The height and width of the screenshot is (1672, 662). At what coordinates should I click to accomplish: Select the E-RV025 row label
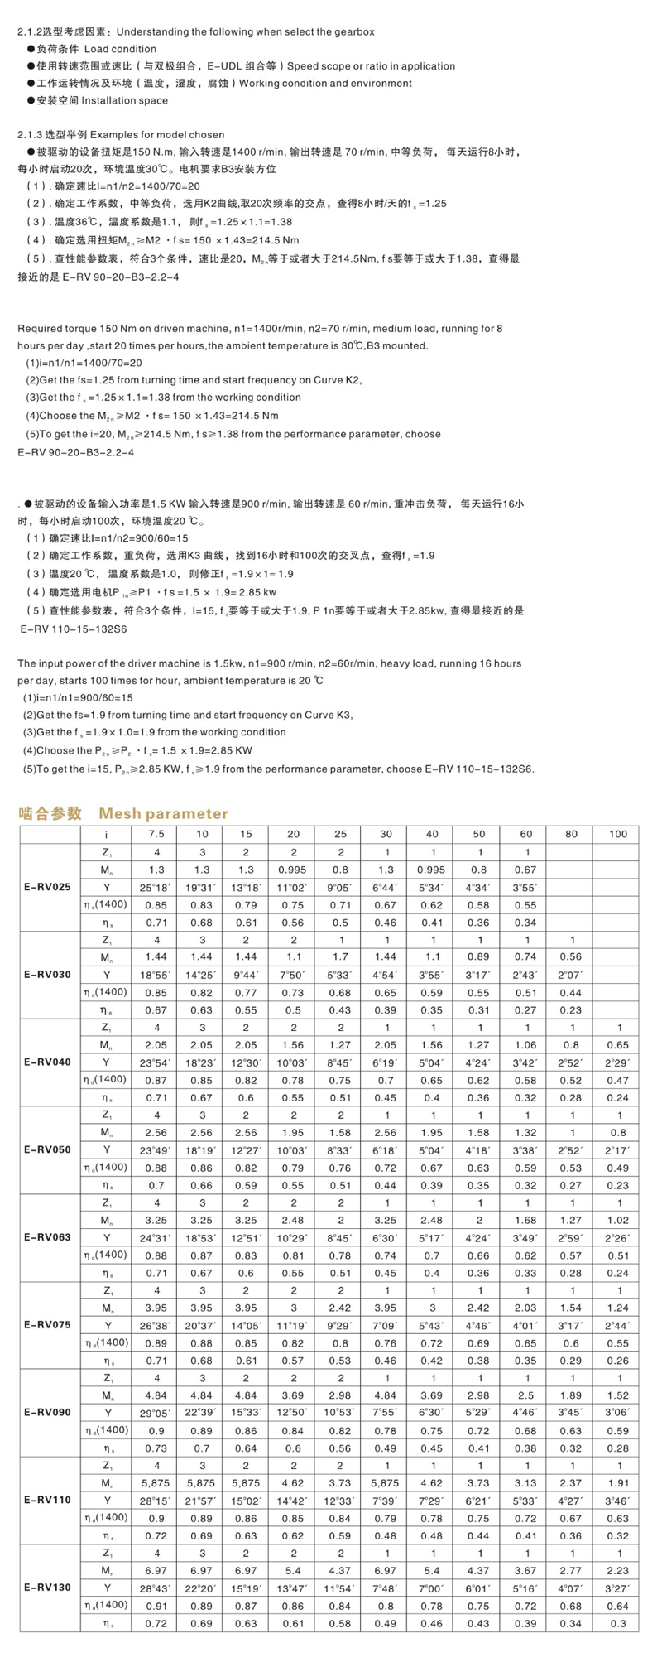point(47,887)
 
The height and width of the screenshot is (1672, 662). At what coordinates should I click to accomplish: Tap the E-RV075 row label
point(47,1324)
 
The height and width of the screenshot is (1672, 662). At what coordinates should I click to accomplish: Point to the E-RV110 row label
point(47,1500)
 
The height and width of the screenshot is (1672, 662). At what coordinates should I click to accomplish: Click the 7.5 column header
point(157,834)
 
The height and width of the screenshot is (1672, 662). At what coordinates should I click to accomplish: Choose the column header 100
point(617,834)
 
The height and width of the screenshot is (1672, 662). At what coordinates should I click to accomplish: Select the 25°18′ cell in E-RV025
point(157,887)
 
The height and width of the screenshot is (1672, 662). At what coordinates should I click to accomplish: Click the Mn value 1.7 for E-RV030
point(339,956)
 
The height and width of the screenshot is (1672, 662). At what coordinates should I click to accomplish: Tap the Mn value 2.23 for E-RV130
point(617,1569)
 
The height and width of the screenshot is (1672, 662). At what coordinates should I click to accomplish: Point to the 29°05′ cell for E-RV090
point(157,1412)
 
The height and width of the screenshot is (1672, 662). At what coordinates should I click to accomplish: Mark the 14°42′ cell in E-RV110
point(294,1500)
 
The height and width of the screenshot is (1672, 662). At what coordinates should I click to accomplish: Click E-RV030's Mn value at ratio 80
point(572,956)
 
